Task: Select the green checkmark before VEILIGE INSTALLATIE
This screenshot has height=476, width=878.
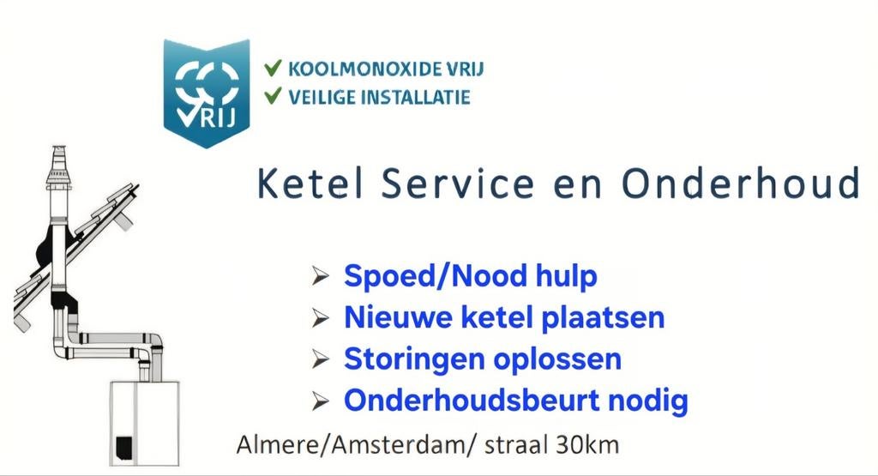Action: pos(274,96)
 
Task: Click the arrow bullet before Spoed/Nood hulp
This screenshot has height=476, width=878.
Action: pos(321,277)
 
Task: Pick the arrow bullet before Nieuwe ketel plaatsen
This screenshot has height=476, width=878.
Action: pos(321,318)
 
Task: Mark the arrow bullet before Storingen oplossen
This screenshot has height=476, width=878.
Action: pos(321,359)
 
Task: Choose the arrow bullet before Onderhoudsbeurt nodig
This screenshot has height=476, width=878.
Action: pos(321,400)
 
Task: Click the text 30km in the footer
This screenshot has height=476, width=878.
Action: pos(587,446)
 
